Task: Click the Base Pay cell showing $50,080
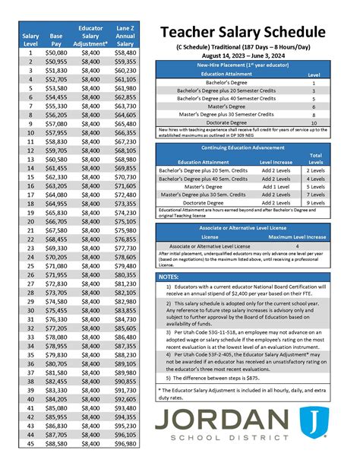[x=56, y=52]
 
